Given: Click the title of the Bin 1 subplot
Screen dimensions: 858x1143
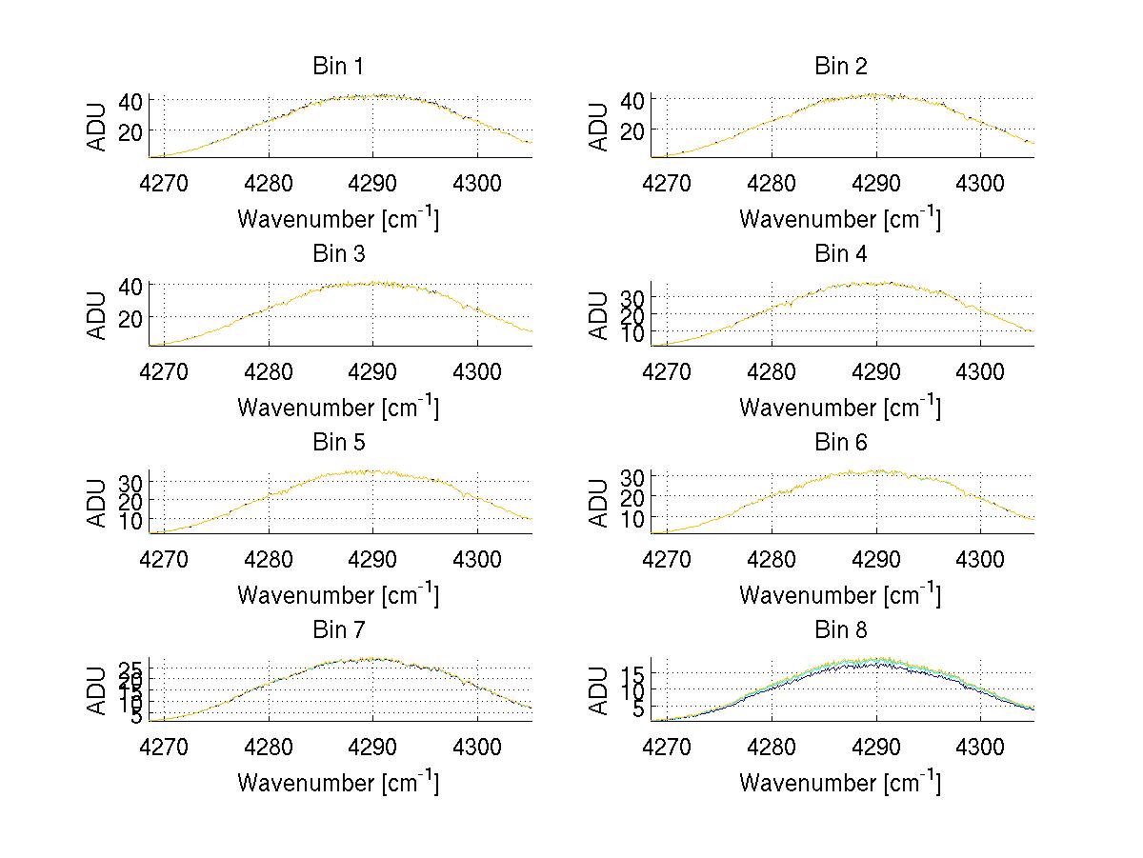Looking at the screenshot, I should pyautogui.click(x=338, y=66).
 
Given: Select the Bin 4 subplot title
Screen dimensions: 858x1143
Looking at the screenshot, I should pyautogui.click(x=841, y=253).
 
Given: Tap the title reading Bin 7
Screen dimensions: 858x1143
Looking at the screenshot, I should pyautogui.click(x=338, y=629).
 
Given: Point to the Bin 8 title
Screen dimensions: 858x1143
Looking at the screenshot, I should pyautogui.click(x=841, y=629).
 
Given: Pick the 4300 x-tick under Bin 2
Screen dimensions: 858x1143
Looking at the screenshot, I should pyautogui.click(x=980, y=183).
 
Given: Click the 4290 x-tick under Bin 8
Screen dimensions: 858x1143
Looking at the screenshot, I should pyautogui.click(x=875, y=747).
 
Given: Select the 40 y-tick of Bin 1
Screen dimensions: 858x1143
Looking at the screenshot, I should pyautogui.click(x=131, y=100).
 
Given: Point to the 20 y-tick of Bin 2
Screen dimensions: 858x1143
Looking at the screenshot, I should pyautogui.click(x=633, y=130).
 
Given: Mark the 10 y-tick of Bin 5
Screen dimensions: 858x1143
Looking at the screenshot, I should pyautogui.click(x=131, y=520).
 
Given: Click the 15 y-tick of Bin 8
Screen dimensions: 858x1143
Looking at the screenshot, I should pyautogui.click(x=633, y=672).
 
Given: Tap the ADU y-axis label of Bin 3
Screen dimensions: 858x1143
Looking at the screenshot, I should pyautogui.click(x=98, y=314).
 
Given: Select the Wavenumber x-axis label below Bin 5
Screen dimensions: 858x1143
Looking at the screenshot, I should pyautogui.click(x=338, y=594).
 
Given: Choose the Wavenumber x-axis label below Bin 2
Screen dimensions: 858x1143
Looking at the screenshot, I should pyautogui.click(x=840, y=218).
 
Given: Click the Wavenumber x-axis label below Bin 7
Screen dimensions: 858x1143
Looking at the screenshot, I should pyautogui.click(x=338, y=782).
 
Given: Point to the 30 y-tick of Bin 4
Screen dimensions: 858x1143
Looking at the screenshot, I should pyautogui.click(x=633, y=297).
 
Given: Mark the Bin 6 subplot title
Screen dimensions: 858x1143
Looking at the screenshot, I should pyautogui.click(x=841, y=442).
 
